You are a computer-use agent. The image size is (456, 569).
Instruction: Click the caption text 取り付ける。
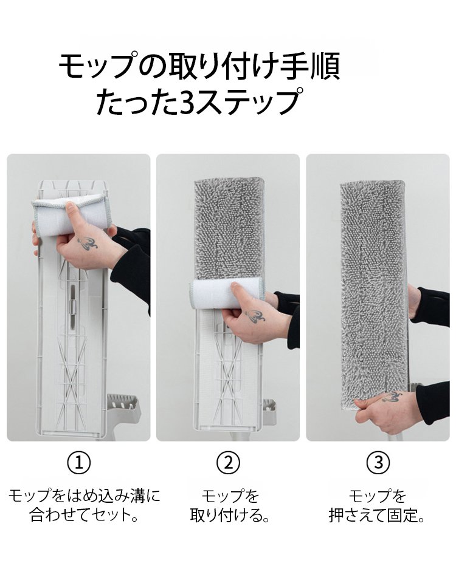tap(230, 515)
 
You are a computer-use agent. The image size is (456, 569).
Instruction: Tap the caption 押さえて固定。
tap(376, 515)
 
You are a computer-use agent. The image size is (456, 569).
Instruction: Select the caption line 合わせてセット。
tap(85, 515)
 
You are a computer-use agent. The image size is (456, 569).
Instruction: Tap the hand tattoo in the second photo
tap(255, 316)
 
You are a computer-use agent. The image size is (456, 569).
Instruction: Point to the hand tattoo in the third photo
tap(392, 397)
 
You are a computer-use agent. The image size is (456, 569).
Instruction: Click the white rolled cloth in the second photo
tap(228, 293)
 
